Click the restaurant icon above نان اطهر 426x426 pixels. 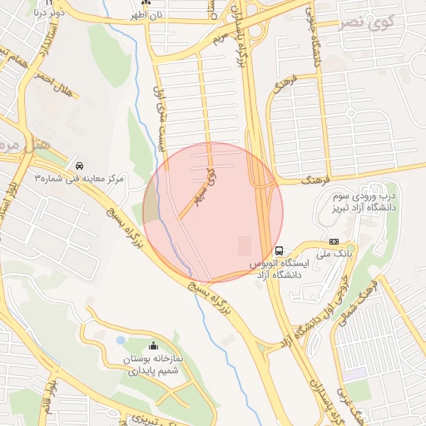[147, 3]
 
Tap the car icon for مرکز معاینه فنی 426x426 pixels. [80, 164]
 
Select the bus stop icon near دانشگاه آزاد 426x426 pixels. [279, 250]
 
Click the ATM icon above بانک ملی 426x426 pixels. [322, 242]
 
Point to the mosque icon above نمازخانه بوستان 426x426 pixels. [152, 346]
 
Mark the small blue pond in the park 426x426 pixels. [121, 340]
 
